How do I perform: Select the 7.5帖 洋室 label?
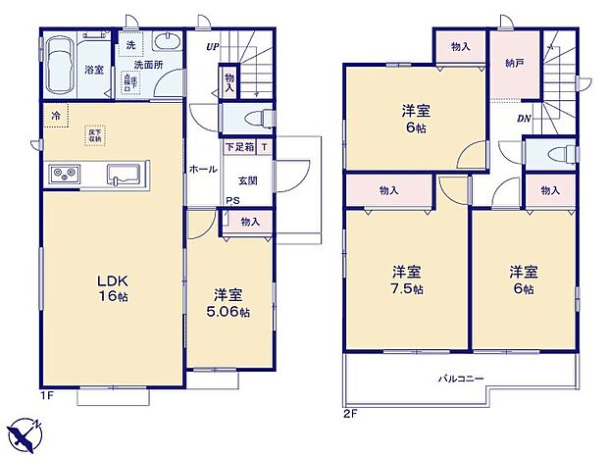tap(408, 280)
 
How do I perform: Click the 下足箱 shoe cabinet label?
tap(238, 148)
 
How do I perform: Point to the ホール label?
tap(203, 170)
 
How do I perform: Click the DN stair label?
tap(526, 119)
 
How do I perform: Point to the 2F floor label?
tap(350, 412)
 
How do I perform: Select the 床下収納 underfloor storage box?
tap(96, 133)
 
